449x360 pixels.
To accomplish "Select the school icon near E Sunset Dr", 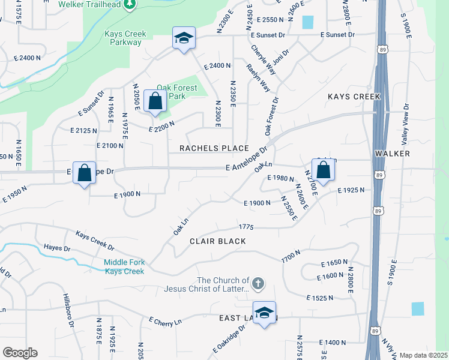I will (183, 38).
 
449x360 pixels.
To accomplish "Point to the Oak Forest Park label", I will (179, 92).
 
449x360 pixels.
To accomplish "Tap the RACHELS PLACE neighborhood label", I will (214, 148).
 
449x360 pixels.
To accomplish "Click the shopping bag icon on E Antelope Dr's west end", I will (85, 173).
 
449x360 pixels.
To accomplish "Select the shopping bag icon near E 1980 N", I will (323, 169).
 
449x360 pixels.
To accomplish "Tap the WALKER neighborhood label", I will (392, 154).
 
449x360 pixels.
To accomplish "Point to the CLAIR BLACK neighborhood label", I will (218, 241).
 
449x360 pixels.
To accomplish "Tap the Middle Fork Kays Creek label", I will (124, 266).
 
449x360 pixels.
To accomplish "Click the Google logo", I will (20, 353).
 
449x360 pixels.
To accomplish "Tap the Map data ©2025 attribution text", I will (423, 355).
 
